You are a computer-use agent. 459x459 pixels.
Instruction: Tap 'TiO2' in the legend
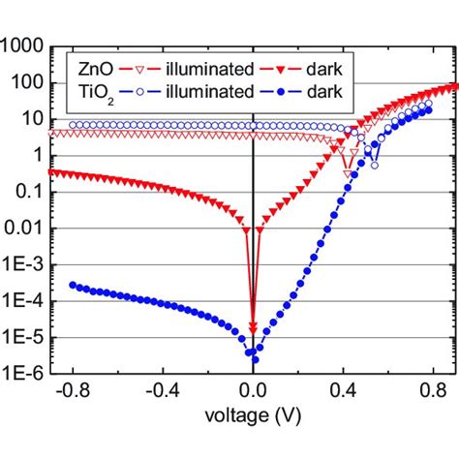point(87,95)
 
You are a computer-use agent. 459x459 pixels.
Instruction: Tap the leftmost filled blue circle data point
point(73,285)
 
